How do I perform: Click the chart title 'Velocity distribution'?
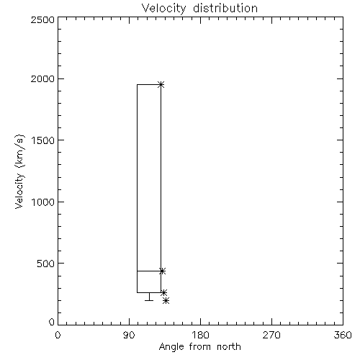click(199, 9)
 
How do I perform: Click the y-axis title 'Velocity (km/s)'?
click(19, 171)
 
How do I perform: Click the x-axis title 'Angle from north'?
click(199, 347)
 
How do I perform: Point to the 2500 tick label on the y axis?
click(42, 20)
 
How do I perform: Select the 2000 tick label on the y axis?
click(42, 78)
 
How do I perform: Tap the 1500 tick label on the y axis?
click(43, 140)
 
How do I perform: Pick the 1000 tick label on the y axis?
click(43, 202)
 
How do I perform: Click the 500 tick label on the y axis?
click(46, 264)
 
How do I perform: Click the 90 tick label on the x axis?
click(129, 335)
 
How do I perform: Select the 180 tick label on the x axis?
click(200, 335)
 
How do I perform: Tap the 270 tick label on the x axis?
click(271, 335)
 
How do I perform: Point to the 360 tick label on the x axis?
click(343, 335)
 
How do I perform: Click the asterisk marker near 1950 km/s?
click(161, 84)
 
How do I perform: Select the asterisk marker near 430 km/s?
click(162, 271)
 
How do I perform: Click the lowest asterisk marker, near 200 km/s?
click(166, 300)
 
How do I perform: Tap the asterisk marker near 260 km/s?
click(163, 293)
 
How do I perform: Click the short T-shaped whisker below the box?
click(149, 297)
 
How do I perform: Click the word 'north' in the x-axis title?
click(229, 347)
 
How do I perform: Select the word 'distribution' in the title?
click(225, 8)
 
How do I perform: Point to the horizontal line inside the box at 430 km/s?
click(149, 271)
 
